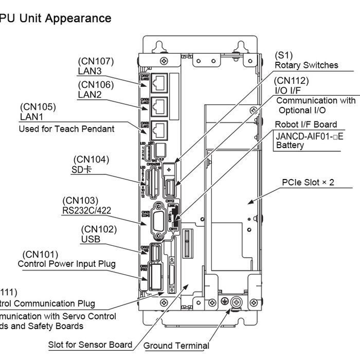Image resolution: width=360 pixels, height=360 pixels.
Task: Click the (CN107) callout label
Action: (96, 61)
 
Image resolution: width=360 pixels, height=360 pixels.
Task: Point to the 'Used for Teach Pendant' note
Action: (66, 129)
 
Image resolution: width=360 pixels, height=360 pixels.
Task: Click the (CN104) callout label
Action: (91, 159)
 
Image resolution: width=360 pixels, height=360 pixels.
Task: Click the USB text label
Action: (91, 239)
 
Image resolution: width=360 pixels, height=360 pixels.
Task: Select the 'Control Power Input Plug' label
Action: (66, 264)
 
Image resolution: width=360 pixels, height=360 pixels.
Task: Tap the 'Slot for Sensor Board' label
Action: (90, 345)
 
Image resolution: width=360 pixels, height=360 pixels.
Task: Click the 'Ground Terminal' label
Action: (176, 346)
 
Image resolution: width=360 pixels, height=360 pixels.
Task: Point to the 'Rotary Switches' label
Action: (307, 65)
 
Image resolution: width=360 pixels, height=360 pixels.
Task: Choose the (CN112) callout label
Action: (292, 81)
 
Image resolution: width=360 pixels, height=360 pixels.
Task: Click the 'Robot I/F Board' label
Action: (306, 124)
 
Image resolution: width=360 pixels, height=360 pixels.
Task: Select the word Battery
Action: (290, 146)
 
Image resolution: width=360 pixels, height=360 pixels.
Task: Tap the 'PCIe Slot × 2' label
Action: (308, 182)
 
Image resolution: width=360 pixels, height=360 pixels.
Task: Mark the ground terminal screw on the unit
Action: (237, 302)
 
